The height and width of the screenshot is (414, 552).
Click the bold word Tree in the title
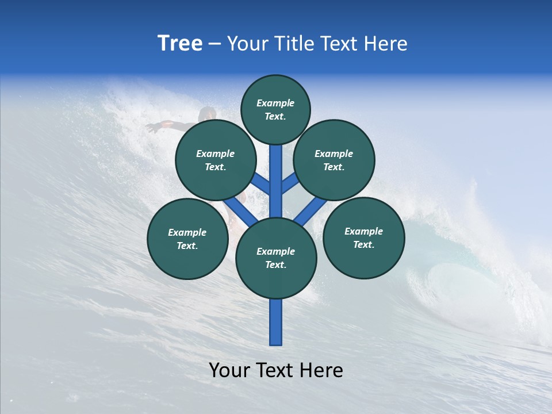click(180, 44)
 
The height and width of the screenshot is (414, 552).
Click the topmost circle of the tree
click(275, 109)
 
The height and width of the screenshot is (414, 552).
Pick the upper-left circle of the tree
click(216, 160)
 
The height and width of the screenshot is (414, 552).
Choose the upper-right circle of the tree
click(334, 160)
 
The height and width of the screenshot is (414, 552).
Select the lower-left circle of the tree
click(187, 239)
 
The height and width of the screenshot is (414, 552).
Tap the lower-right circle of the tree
click(364, 237)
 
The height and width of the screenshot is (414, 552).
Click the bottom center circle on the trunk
click(276, 258)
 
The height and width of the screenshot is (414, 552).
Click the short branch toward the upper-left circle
click(262, 185)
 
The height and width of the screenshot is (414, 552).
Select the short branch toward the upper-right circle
click(289, 184)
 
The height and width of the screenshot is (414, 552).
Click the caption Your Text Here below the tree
click(276, 370)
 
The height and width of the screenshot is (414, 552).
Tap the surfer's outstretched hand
click(151, 128)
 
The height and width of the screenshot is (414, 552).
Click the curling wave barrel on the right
click(454, 282)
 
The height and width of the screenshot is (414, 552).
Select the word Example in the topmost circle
click(275, 103)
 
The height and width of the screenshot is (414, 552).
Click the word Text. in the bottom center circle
click(275, 265)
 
